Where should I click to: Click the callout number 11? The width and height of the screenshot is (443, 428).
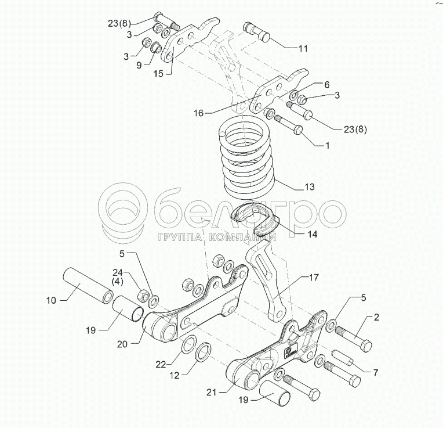[x=303, y=49]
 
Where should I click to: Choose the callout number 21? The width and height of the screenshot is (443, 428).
[x=211, y=393]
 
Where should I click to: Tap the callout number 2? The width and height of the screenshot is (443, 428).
[x=376, y=318]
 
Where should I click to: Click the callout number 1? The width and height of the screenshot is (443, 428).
[x=327, y=145]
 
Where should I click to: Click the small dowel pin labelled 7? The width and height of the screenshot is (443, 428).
[x=343, y=358]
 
